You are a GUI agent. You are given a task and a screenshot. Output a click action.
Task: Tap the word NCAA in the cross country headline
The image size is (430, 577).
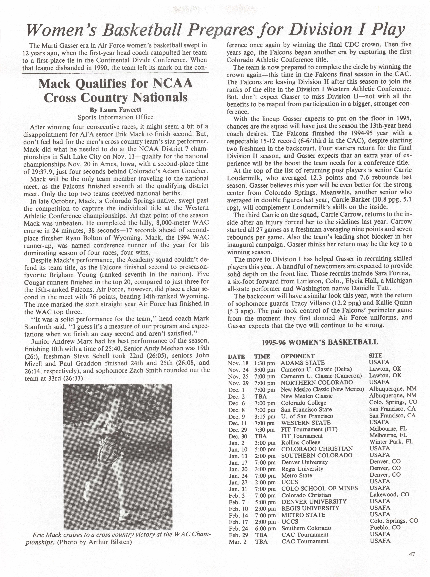(173, 84)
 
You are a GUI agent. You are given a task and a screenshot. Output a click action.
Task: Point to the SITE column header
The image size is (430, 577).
(375, 356)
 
